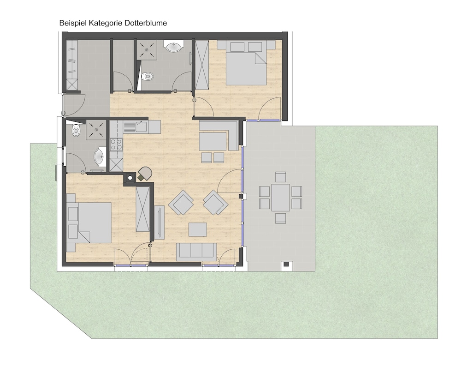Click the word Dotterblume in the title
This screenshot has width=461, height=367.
(x=146, y=23)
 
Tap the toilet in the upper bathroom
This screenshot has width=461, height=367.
(x=148, y=77)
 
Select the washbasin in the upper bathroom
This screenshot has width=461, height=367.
(x=174, y=46)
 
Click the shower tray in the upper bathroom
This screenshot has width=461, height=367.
(x=146, y=49)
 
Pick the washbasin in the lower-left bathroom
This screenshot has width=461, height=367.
(x=100, y=156)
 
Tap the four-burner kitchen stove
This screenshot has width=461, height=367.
(x=116, y=144)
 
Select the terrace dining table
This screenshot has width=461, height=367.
(x=280, y=197)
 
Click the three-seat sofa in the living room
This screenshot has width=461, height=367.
(x=196, y=251)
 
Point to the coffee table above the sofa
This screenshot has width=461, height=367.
(x=198, y=229)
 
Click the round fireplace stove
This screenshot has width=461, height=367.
(x=145, y=174)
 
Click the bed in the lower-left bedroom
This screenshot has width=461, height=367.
(x=89, y=223)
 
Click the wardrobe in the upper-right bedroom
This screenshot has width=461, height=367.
(x=202, y=64)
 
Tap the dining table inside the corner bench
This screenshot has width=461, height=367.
(x=213, y=142)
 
